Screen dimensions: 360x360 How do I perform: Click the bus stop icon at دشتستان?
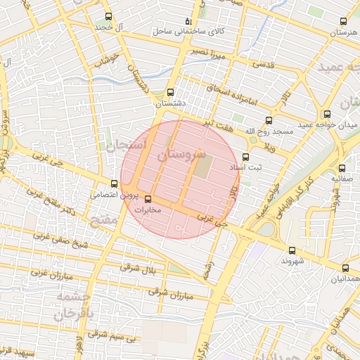coord(170,92)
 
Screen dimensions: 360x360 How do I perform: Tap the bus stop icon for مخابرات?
coord(147,199)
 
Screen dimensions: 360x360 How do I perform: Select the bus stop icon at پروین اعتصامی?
coord(115,184)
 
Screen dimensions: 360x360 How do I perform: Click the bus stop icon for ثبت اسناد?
coord(245,157)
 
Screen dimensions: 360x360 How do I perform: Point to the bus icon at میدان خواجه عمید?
coord(327,114)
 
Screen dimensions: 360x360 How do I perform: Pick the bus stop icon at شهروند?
coord(292,250)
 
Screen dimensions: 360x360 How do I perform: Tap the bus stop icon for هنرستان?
coord(344,22)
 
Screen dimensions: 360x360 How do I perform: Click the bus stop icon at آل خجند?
coord(108,16)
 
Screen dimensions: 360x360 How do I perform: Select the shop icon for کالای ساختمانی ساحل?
coord(187,22)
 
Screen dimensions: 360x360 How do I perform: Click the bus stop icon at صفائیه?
coord(342,168)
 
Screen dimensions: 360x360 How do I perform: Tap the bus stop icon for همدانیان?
coord(345,268)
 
